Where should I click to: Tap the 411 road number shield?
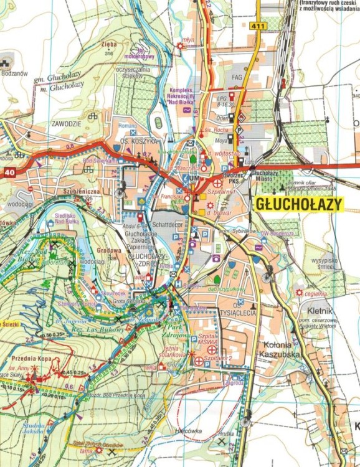pos(260,26)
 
